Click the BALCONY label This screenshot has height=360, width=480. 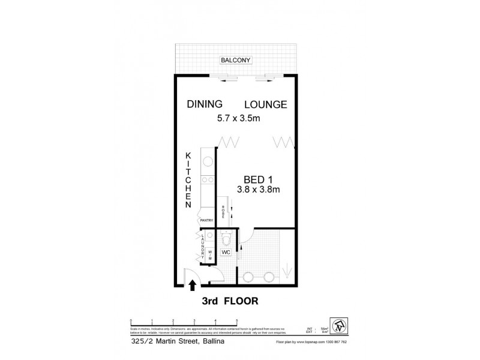click(x=235, y=60)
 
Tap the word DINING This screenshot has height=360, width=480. click(x=204, y=104)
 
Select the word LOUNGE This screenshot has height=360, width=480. click(x=265, y=104)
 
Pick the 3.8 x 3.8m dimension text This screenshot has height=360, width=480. click(x=259, y=190)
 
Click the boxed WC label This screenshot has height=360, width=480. click(x=226, y=253)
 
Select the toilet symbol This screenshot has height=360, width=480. click(x=226, y=240)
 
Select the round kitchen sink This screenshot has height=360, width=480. click(x=208, y=161)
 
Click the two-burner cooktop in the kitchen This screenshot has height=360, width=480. click(x=208, y=179)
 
